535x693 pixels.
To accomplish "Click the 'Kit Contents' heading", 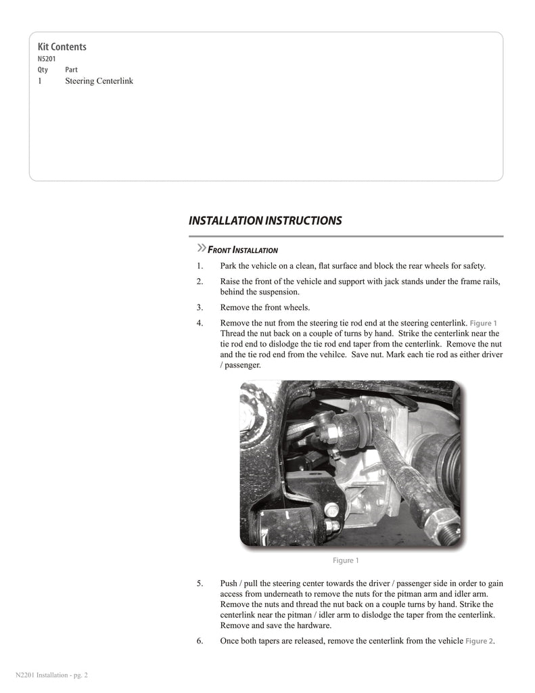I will [62, 47].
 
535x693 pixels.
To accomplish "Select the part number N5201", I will [47, 59].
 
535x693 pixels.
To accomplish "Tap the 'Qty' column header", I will [43, 70].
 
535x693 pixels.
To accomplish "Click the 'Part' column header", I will [71, 70].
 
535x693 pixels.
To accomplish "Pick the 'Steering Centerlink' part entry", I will [99, 81].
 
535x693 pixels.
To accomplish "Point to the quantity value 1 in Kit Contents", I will [41, 81].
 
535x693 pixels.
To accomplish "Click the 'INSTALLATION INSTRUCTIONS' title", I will [265, 221].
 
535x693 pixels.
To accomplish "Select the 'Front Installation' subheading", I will [242, 250].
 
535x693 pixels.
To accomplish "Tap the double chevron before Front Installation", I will [200, 247].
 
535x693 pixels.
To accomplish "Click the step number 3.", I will [200, 307].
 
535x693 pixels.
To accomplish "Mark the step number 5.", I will [200, 583].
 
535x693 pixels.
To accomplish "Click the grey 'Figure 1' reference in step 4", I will [485, 323].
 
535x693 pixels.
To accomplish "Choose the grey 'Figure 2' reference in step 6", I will [480, 641].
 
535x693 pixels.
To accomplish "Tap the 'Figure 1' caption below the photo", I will [346, 560].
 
